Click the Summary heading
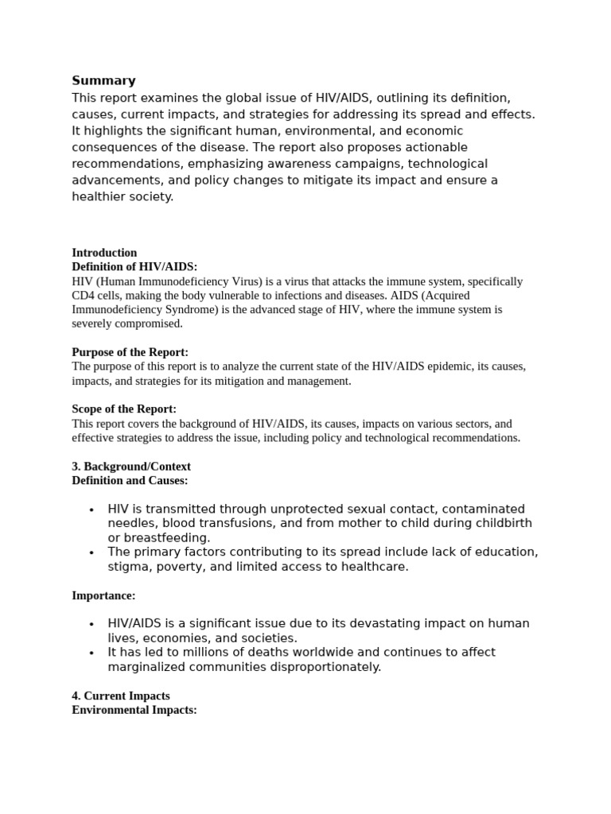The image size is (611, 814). pos(103,80)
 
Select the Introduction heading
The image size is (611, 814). pos(104,253)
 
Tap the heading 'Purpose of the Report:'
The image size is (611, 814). pos(130,352)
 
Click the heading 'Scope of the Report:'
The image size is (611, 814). pos(124,409)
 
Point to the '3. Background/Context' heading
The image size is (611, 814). pos(131,467)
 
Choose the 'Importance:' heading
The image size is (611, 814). pos(103,595)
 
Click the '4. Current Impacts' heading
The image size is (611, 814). pos(121,696)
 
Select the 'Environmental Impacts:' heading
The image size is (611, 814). pos(134,710)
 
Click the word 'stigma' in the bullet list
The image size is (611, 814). pos(127,567)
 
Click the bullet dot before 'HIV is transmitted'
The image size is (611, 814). pos(92,510)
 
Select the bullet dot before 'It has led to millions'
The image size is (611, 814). pos(92,653)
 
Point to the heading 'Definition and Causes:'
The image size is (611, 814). pos(130,481)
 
